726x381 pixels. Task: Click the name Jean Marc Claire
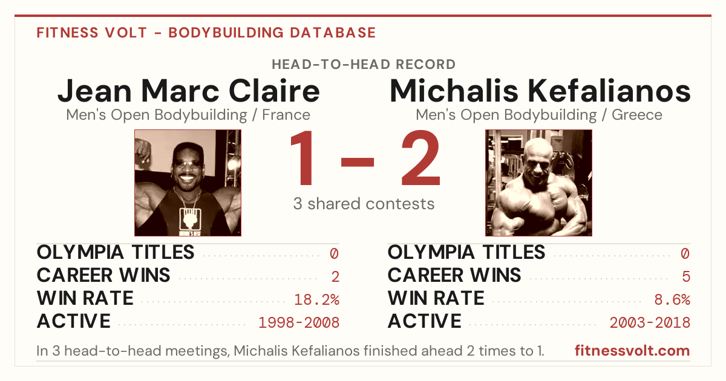(x=189, y=91)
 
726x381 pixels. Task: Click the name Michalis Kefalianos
(x=540, y=91)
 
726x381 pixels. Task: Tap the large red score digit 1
(x=302, y=158)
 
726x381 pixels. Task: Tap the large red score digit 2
(x=420, y=158)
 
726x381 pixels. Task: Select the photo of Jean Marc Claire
(x=188, y=183)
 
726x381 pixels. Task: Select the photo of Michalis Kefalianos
(x=538, y=183)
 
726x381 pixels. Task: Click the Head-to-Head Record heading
(x=364, y=65)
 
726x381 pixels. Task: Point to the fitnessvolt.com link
(x=632, y=351)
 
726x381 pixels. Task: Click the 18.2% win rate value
(x=316, y=299)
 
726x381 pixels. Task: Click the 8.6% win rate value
(x=672, y=299)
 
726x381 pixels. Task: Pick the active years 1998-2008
(x=299, y=322)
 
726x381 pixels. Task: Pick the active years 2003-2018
(x=650, y=322)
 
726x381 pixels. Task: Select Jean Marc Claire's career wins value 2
(x=335, y=276)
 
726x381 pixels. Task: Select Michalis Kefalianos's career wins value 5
(x=686, y=276)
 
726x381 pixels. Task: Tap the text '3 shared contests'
(x=364, y=204)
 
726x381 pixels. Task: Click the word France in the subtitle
(x=286, y=115)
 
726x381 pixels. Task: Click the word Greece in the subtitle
(x=637, y=115)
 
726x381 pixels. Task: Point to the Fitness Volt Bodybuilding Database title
(x=206, y=33)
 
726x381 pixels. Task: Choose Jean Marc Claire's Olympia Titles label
(x=116, y=252)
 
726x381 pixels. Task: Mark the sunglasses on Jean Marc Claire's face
(x=188, y=163)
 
